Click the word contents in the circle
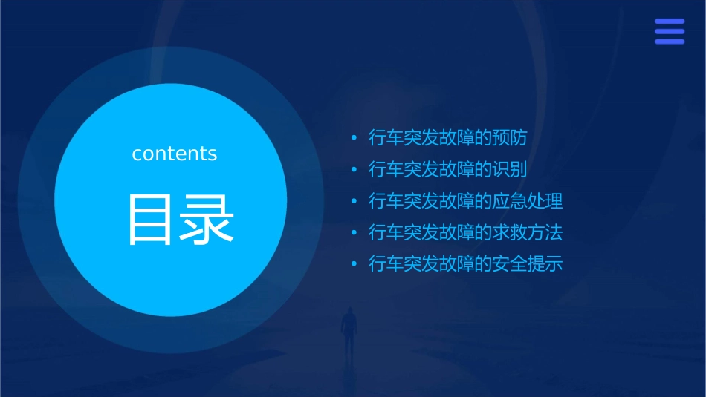(x=175, y=154)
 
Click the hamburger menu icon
(x=669, y=32)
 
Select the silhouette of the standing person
(x=348, y=329)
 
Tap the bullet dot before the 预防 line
(x=354, y=138)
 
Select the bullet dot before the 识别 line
(x=354, y=169)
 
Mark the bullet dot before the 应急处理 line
(x=354, y=201)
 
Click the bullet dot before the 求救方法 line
(x=354, y=232)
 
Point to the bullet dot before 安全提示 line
(x=354, y=263)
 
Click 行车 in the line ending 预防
(x=386, y=138)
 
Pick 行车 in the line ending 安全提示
(x=386, y=263)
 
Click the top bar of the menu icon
(x=669, y=22)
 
